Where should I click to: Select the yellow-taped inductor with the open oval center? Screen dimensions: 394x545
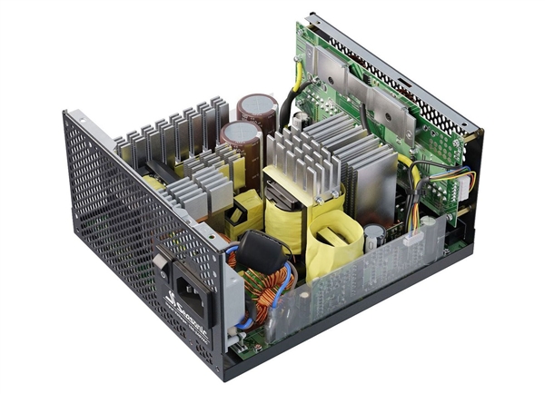[x=332, y=241]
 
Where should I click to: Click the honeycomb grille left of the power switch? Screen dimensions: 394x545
[x=109, y=218]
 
